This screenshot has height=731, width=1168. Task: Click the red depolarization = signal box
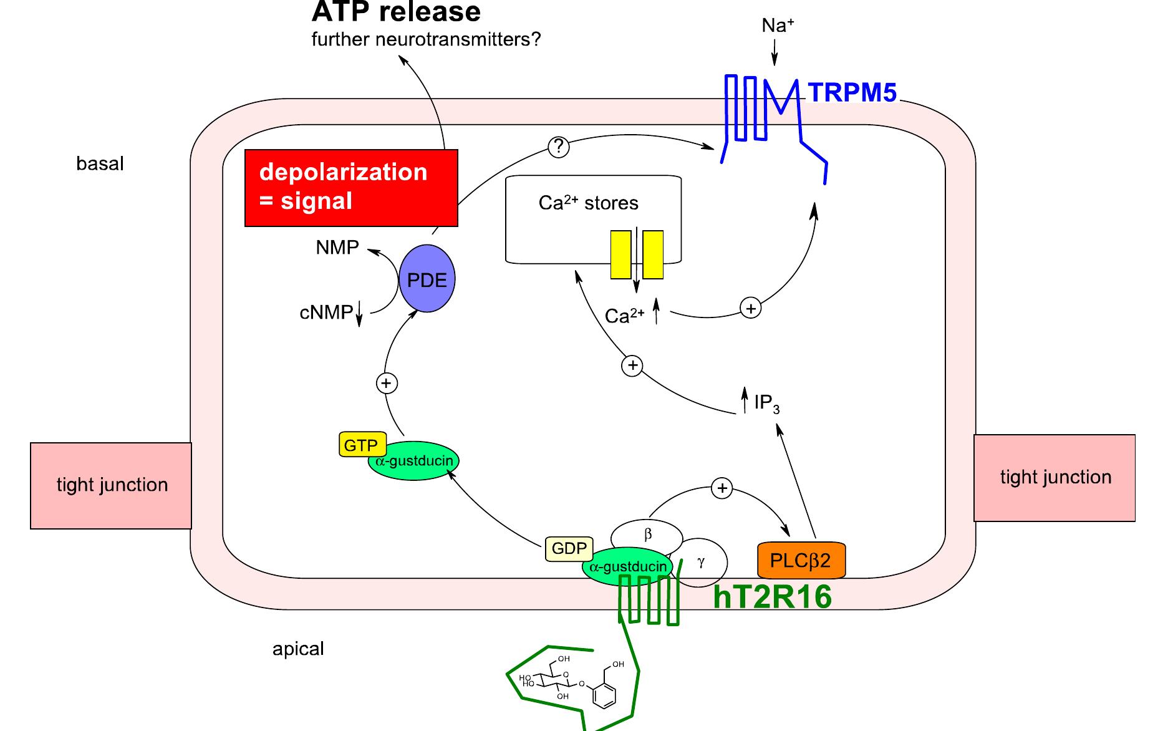pyautogui.click(x=351, y=188)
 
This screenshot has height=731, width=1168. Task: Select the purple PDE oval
pyautogui.click(x=427, y=279)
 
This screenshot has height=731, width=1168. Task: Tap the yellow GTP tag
pyautogui.click(x=362, y=445)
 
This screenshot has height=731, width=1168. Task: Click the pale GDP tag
pyautogui.click(x=569, y=549)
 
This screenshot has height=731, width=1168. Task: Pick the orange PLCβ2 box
pyautogui.click(x=801, y=560)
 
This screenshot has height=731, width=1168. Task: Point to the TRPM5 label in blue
pyautogui.click(x=852, y=93)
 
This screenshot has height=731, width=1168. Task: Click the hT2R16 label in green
pyautogui.click(x=772, y=597)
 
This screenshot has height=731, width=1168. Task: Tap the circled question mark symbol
pyautogui.click(x=558, y=147)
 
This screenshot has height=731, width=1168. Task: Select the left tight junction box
pyautogui.click(x=111, y=485)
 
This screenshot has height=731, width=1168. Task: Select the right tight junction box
pyautogui.click(x=1055, y=477)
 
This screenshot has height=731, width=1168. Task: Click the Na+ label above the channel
pyautogui.click(x=777, y=26)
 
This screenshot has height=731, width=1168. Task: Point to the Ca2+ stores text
pyautogui.click(x=588, y=203)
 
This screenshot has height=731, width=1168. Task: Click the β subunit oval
pyautogui.click(x=647, y=535)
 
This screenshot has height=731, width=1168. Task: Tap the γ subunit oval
pyautogui.click(x=703, y=562)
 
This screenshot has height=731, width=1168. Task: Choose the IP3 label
pyautogui.click(x=766, y=404)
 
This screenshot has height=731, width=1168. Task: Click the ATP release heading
pyautogui.click(x=396, y=12)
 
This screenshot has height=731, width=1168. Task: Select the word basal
pyautogui.click(x=100, y=163)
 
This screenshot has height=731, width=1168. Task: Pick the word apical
pyautogui.click(x=298, y=649)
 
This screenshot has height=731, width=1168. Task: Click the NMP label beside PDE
pyautogui.click(x=337, y=248)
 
